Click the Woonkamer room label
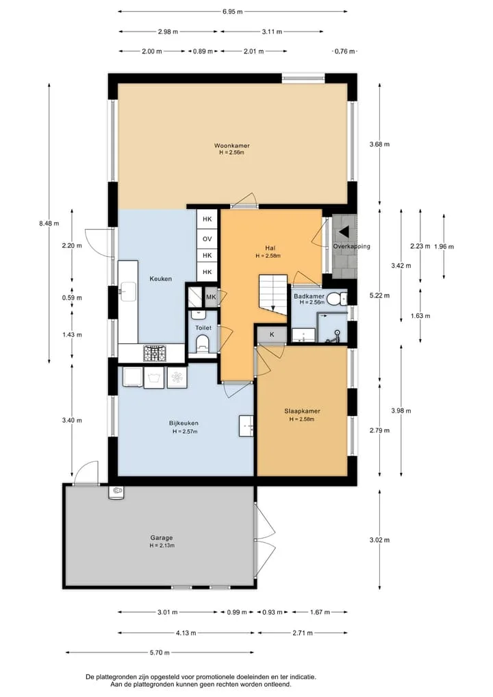point(232,145)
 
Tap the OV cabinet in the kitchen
point(207,239)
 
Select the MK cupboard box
point(211,297)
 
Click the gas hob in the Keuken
point(155,353)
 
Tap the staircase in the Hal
point(273,294)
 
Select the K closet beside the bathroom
point(272,334)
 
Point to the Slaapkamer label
point(302,411)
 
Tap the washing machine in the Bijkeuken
point(153,378)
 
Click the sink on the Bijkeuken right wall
point(246,426)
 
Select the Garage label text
point(161,537)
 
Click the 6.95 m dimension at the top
point(232,12)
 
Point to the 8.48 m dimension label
point(49,223)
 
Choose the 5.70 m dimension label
point(160,652)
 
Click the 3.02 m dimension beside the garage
point(379,540)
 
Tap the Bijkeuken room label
point(184,423)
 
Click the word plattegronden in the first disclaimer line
point(117,677)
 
